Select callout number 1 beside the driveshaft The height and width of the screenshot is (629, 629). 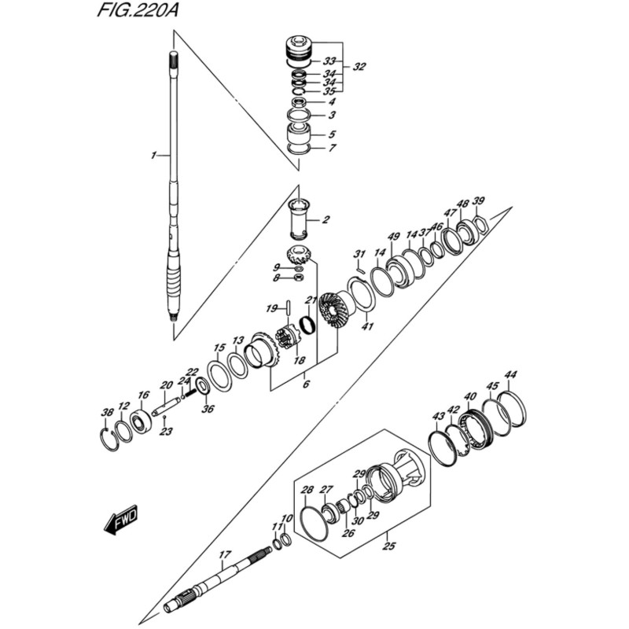(155, 156)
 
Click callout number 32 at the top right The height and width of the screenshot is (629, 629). (359, 67)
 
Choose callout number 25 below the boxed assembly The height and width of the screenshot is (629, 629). (388, 545)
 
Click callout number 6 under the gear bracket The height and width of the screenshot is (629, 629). (306, 384)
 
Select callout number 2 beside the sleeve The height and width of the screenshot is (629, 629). (325, 219)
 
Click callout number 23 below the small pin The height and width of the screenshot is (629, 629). (165, 432)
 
